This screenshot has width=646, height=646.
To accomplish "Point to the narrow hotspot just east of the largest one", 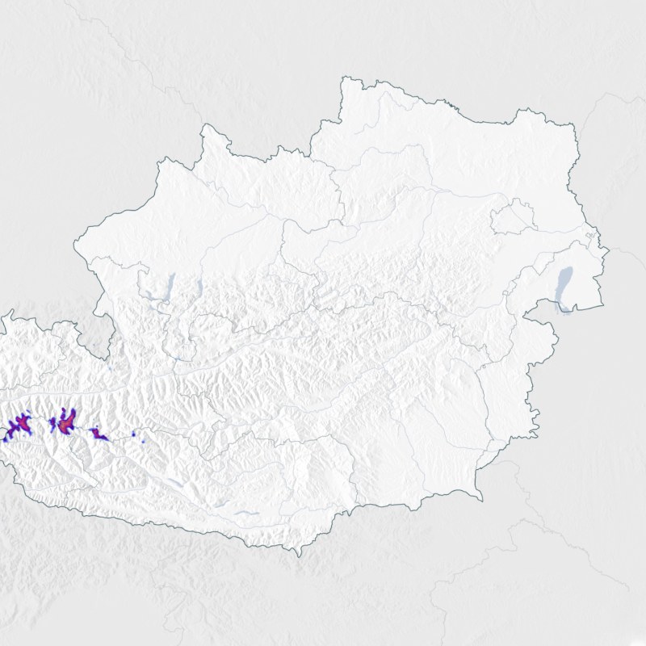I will tap(99, 434).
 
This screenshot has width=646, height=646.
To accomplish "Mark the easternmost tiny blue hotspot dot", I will tap(145, 443).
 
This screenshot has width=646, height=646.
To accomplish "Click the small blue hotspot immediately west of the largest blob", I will tap(52, 422).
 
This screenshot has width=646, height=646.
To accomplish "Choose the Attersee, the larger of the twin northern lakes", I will tap(170, 285).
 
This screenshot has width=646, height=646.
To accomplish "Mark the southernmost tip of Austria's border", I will tap(300, 555).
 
